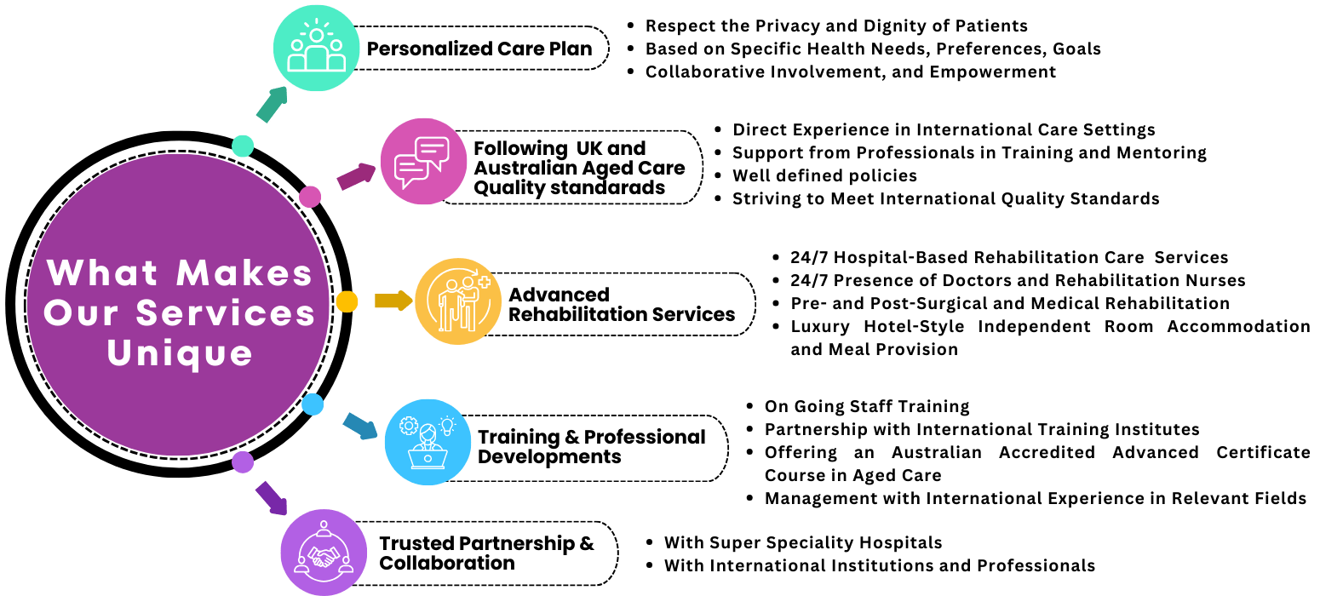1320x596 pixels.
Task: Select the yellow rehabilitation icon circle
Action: coord(458,301)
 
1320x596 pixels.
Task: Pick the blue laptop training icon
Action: coord(428,441)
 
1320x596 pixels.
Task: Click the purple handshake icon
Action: coord(324,552)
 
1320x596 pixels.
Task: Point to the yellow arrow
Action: coord(393,301)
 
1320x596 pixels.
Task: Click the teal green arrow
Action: coord(273,104)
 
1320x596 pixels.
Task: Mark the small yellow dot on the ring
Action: coord(347,301)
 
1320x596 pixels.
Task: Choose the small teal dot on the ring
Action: coord(243,146)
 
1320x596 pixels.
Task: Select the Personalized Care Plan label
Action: coord(479,49)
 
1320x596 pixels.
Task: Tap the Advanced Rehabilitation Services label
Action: coord(622,305)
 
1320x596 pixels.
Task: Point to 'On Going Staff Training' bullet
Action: coord(866,407)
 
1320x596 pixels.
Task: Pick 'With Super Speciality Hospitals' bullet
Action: coord(802,542)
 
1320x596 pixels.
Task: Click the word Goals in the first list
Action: coord(1076,49)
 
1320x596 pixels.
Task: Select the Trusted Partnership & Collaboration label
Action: coord(486,553)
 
